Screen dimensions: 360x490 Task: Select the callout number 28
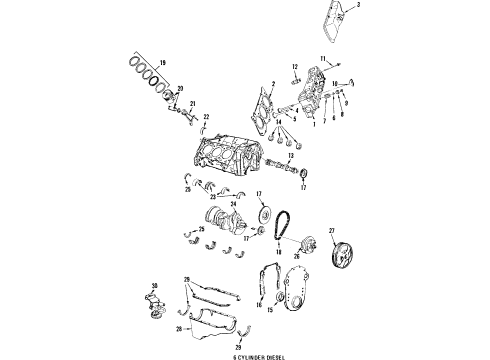coord(179,326)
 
